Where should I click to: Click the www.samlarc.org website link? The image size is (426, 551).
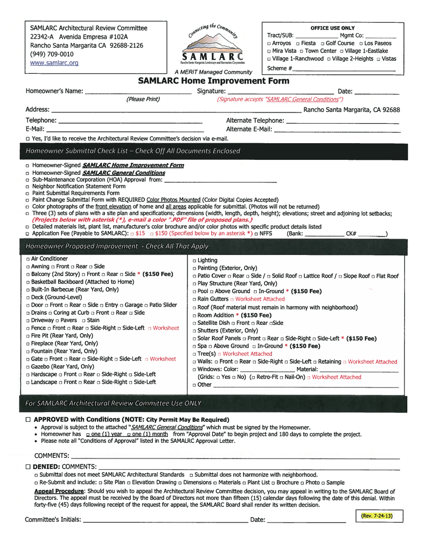54,63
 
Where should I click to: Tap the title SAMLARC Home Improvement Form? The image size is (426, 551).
213,81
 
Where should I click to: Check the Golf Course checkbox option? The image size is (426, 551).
322,43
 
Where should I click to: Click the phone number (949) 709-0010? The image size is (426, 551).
52,54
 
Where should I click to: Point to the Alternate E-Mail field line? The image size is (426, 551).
337,130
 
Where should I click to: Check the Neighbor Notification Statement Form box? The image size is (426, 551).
27,186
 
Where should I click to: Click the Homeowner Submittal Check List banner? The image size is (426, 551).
132,151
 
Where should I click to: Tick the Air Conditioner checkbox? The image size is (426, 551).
27,259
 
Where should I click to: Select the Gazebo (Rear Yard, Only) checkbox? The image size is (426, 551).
27,366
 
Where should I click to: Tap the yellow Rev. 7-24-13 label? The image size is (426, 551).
376,516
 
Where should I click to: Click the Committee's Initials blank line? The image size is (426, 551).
164,520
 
